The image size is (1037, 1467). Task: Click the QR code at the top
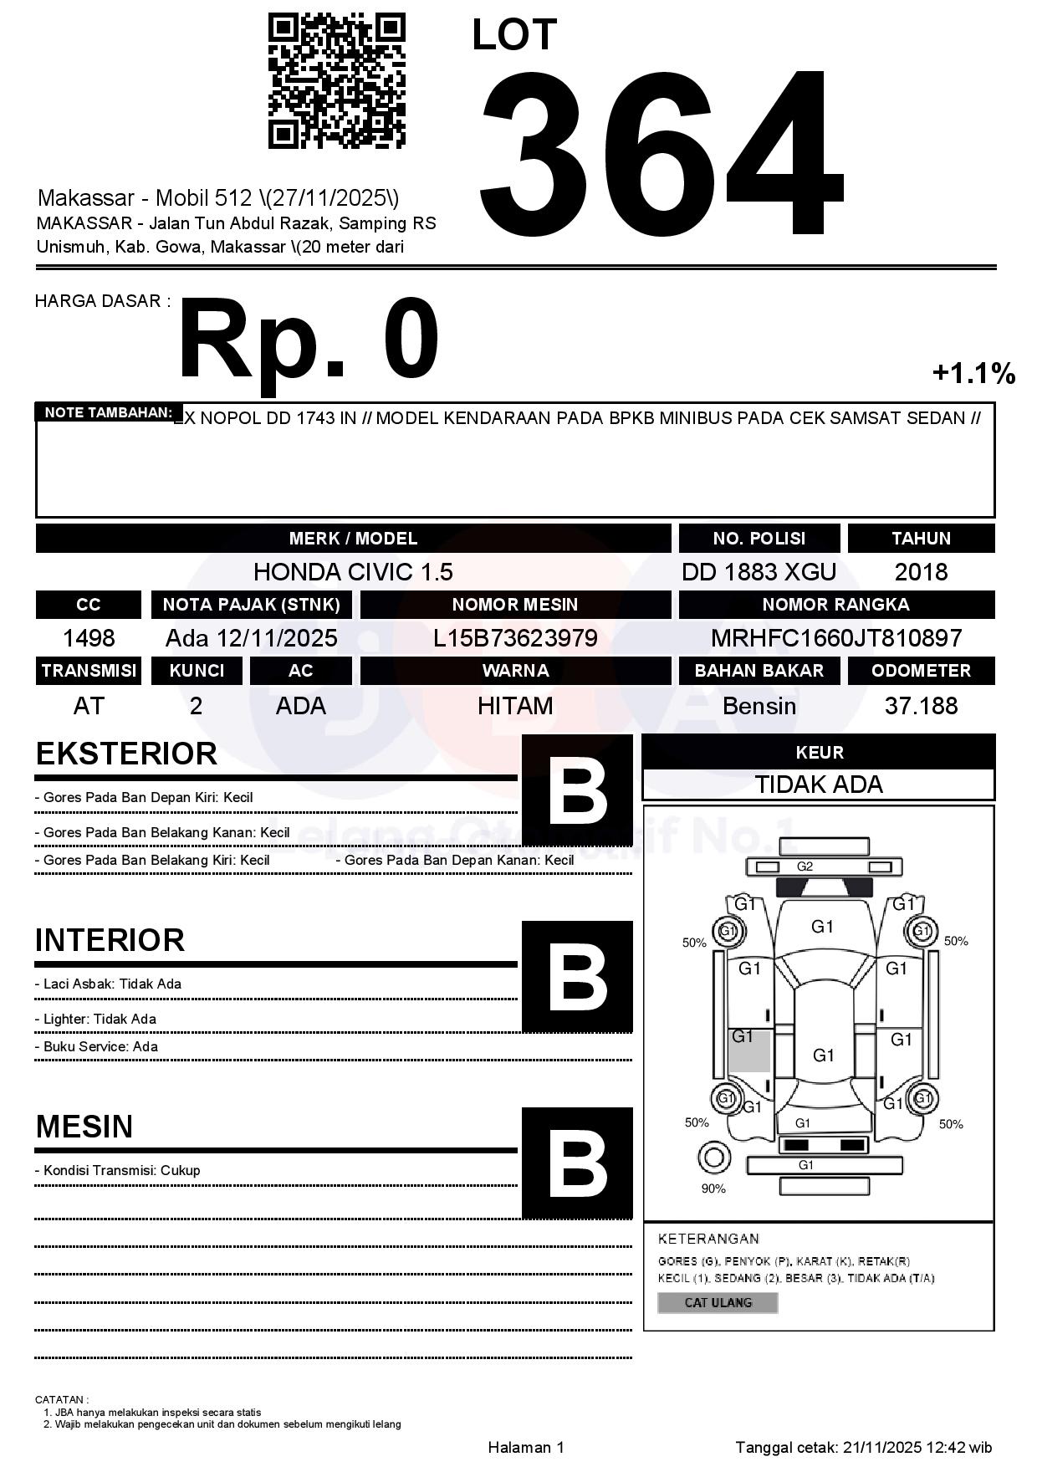[336, 80]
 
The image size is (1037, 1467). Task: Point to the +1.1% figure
[973, 373]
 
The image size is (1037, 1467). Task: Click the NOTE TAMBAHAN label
[109, 412]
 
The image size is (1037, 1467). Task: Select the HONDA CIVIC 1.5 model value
[353, 572]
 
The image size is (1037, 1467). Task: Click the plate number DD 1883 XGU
[759, 572]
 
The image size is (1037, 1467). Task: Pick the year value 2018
[921, 572]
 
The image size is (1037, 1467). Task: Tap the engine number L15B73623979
[515, 639]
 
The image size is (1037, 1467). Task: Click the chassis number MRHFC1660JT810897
[836, 639]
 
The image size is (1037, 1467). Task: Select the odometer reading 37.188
[921, 706]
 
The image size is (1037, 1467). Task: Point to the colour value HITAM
[515, 706]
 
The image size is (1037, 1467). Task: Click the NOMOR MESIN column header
[515, 605]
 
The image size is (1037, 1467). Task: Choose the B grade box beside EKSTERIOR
[577, 790]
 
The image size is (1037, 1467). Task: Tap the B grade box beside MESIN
[577, 1163]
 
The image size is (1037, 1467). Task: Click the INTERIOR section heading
[110, 940]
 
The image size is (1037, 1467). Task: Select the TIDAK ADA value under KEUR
[819, 785]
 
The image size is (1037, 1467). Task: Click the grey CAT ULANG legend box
[718, 1302]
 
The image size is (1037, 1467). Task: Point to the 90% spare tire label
[713, 1188]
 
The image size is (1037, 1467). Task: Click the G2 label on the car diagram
[805, 866]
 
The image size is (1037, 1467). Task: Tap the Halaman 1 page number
[526, 1447]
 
